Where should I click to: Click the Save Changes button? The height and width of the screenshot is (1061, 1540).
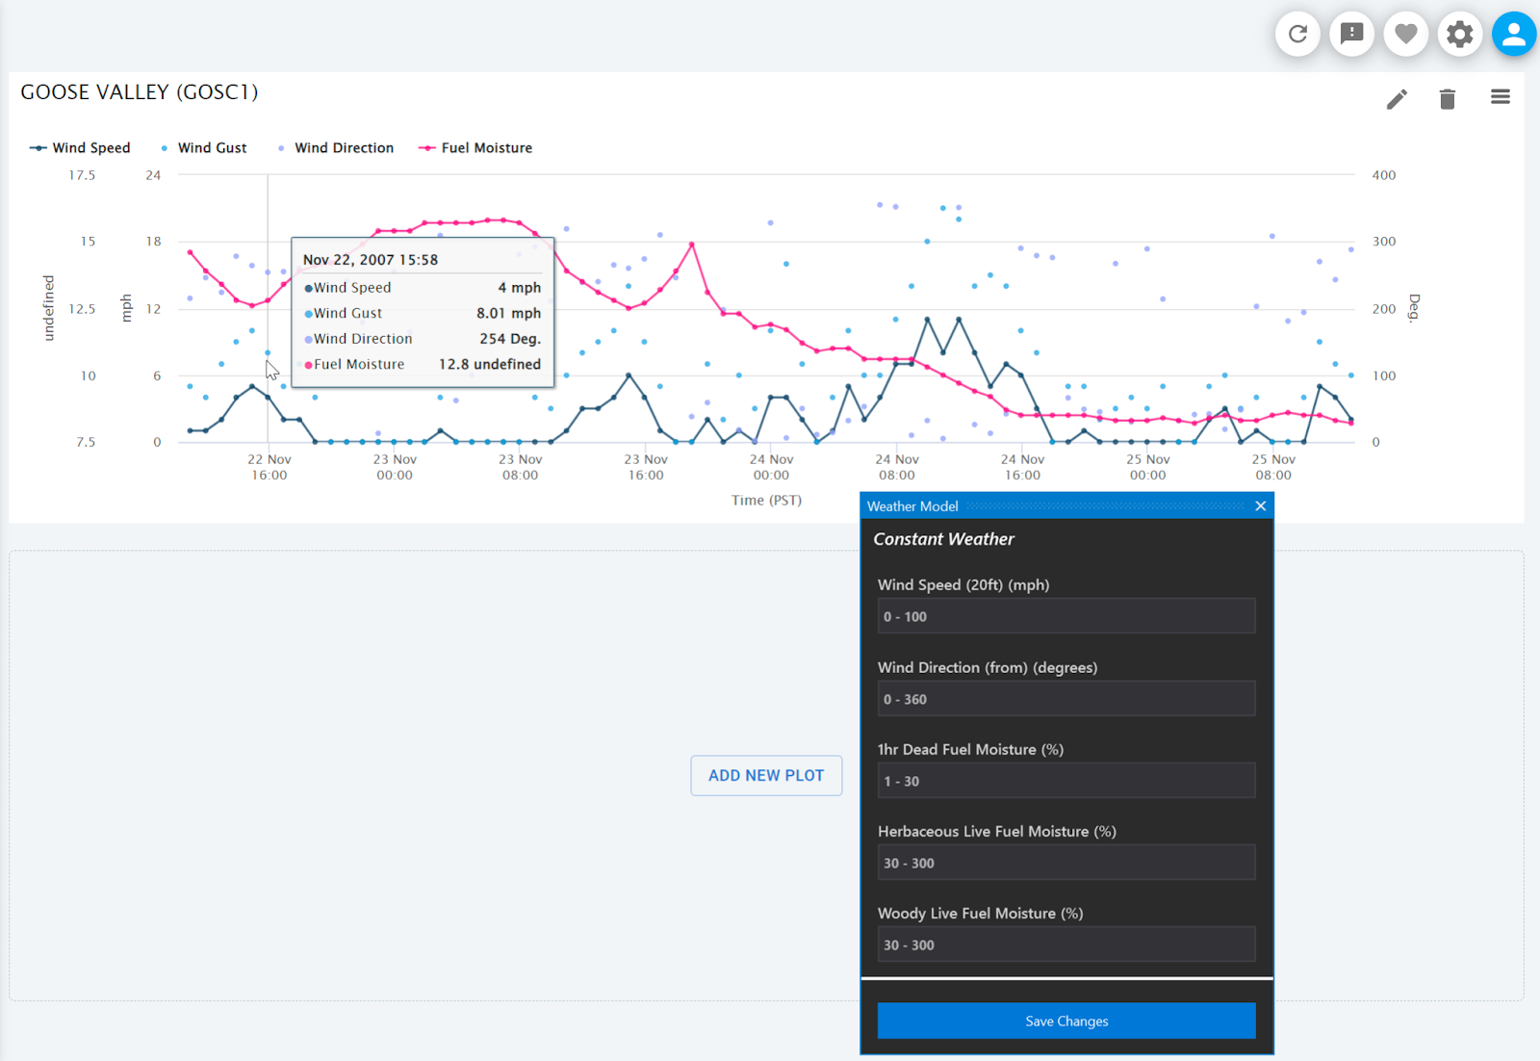[1066, 1021]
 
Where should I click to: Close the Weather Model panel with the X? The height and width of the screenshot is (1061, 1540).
[1260, 506]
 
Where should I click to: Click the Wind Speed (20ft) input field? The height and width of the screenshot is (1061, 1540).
[1066, 616]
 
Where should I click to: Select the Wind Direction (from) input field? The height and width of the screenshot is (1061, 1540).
[1066, 699]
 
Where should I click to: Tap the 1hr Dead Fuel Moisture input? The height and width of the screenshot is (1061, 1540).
[1066, 781]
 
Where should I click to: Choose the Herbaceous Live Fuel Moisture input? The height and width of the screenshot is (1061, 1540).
[1066, 863]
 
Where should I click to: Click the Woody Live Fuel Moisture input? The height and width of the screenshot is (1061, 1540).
[1066, 945]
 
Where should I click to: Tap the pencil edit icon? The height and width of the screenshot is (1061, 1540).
[1397, 99]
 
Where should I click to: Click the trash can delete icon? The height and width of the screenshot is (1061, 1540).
[1447, 99]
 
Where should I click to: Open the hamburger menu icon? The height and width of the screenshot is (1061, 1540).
[1500, 97]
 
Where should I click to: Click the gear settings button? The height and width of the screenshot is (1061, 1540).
[1459, 35]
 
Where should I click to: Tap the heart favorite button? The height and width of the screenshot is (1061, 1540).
[1405, 35]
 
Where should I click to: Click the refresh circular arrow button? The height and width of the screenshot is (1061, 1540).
[1297, 35]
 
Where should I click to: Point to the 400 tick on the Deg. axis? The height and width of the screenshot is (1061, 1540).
[1383, 175]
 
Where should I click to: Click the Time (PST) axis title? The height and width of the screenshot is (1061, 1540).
[766, 501]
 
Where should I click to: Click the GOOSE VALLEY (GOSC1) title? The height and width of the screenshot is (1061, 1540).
[140, 92]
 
